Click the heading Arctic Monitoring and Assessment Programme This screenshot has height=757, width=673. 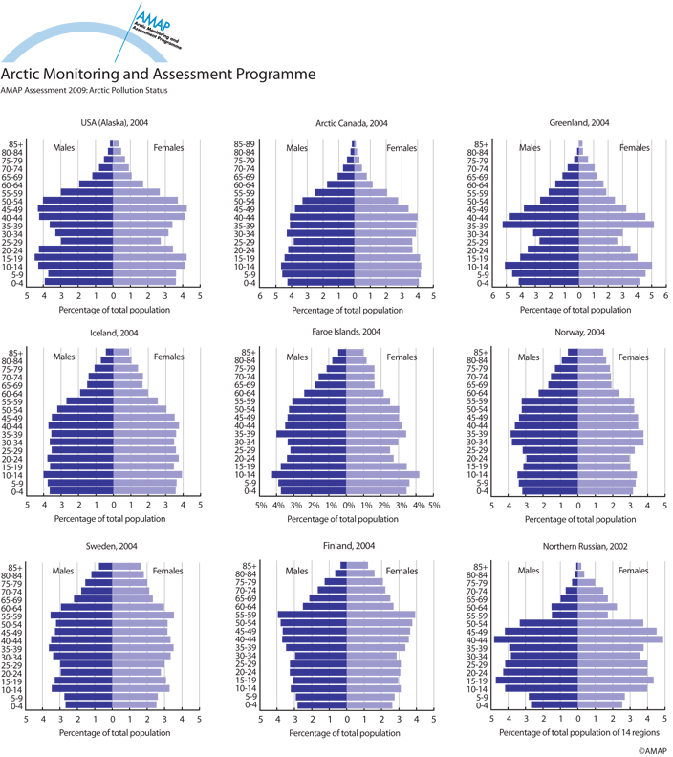pyautogui.click(x=158, y=73)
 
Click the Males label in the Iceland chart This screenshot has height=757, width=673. pyautogui.click(x=65, y=357)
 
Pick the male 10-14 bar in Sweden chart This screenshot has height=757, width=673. pyautogui.click(x=82, y=688)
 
